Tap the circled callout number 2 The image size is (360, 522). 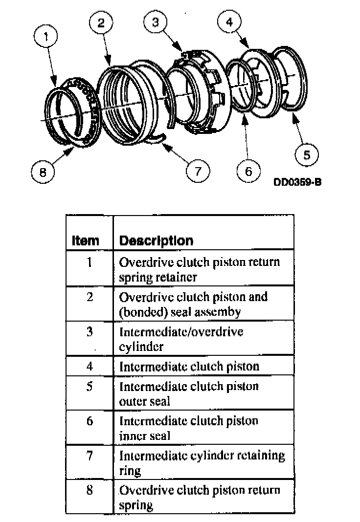click(101, 23)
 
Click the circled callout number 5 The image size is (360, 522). click(307, 155)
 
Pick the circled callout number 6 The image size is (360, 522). click(248, 172)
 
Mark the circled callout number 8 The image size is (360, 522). click(43, 172)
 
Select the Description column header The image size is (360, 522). click(156, 240)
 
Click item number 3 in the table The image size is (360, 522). click(90, 332)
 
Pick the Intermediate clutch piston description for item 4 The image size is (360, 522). click(189, 366)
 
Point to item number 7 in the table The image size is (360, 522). click(90, 456)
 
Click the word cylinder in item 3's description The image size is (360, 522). click(141, 347)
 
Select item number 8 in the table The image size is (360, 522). click(90, 490)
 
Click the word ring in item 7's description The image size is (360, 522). click(130, 471)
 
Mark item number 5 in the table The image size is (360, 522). click(90, 386)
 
